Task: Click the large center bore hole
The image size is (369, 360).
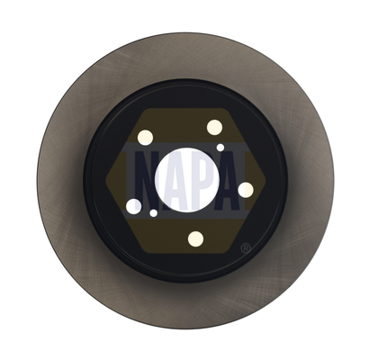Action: [x=187, y=180]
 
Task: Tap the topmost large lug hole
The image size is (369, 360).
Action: [x=214, y=127]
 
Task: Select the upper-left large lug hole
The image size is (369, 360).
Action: [x=145, y=138]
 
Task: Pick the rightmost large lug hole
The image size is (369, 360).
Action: [x=246, y=190]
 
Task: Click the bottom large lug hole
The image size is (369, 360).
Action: [x=195, y=239]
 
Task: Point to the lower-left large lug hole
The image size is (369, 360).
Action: [x=134, y=206]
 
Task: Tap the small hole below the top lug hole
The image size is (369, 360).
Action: [x=220, y=148]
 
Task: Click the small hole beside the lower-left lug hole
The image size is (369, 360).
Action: [x=154, y=213]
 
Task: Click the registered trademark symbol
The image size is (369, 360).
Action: [x=246, y=248]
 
